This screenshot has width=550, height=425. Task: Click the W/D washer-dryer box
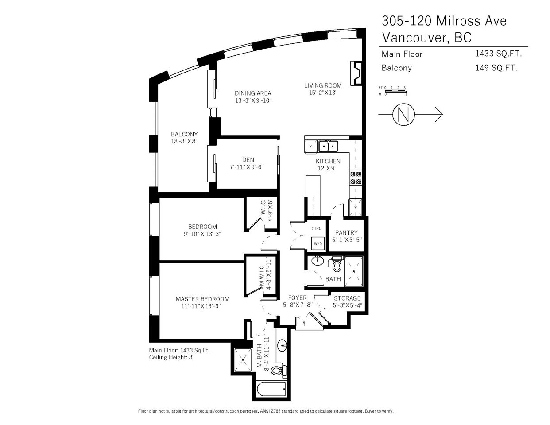pyautogui.click(x=318, y=243)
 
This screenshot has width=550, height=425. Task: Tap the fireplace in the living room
pyautogui.click(x=356, y=73)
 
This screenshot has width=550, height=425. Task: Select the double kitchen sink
pyautogui.click(x=328, y=146)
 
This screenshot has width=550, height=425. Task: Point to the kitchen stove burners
pyautogui.click(x=356, y=178)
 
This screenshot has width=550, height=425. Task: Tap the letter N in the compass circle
pyautogui.click(x=403, y=115)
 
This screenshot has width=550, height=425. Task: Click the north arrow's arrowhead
pyautogui.click(x=439, y=115)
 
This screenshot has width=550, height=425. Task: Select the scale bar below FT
pyautogui.click(x=395, y=91)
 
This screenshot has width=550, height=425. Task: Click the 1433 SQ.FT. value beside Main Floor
pyautogui.click(x=498, y=54)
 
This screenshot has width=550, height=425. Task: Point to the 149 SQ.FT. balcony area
pyautogui.click(x=496, y=68)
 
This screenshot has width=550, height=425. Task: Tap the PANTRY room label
pyautogui.click(x=346, y=233)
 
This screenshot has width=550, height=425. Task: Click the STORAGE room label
pyautogui.click(x=347, y=298)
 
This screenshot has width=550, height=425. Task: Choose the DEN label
pyautogui.click(x=248, y=160)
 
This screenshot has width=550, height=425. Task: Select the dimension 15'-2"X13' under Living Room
pyautogui.click(x=322, y=93)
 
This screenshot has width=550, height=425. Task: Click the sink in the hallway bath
pyautogui.click(x=318, y=261)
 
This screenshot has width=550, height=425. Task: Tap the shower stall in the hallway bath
pyautogui.click(x=354, y=271)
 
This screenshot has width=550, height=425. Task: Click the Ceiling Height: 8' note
pyautogui.click(x=171, y=357)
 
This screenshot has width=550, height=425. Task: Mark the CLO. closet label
pyautogui.click(x=316, y=229)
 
